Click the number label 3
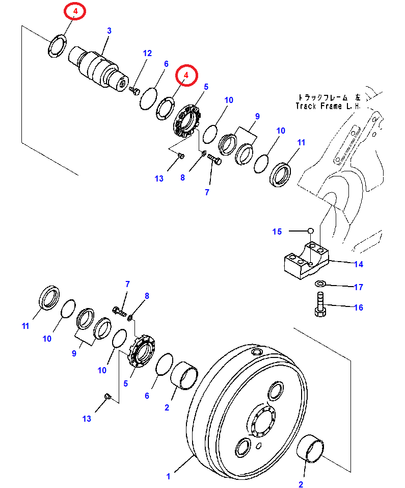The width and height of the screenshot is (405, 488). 109,32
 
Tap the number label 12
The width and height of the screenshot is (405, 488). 147,53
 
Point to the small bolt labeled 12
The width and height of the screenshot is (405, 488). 135,91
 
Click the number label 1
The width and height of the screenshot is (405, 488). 169,476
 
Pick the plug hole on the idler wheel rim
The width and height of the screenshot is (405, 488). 256,352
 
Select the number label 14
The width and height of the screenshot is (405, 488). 359,264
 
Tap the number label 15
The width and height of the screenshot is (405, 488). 277,232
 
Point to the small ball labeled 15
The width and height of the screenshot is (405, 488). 310,231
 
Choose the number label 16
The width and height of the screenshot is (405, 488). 359,307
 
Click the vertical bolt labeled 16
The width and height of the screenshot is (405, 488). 320,306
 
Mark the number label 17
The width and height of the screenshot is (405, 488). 359,287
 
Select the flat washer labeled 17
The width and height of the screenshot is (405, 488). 320,284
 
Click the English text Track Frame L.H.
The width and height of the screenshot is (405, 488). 328,106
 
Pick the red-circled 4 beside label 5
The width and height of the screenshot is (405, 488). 186,75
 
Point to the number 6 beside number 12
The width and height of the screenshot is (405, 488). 166,64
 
